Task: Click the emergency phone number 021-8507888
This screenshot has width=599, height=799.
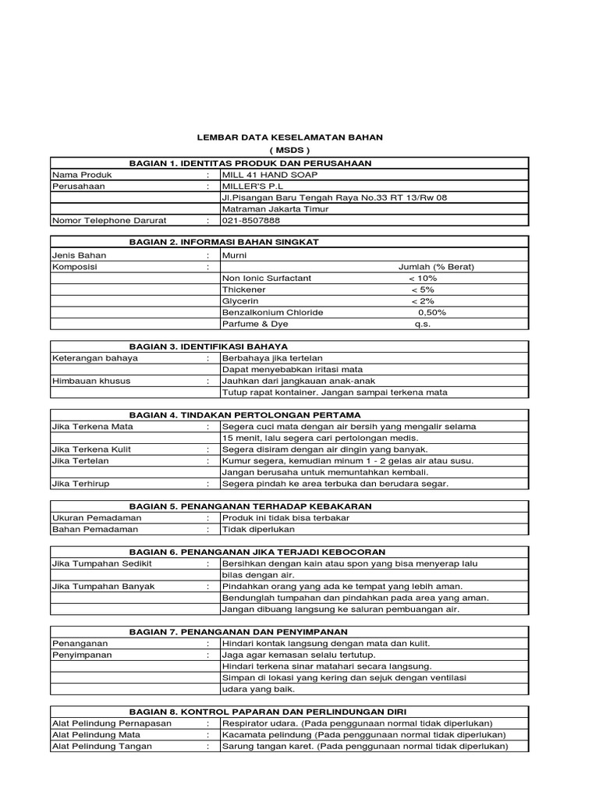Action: click(251, 221)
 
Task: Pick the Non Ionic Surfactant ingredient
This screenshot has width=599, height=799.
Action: click(267, 278)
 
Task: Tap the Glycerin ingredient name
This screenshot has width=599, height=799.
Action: click(240, 300)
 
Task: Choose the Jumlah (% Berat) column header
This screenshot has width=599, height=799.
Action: click(436, 266)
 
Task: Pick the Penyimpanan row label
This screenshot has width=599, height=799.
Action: click(81, 655)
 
